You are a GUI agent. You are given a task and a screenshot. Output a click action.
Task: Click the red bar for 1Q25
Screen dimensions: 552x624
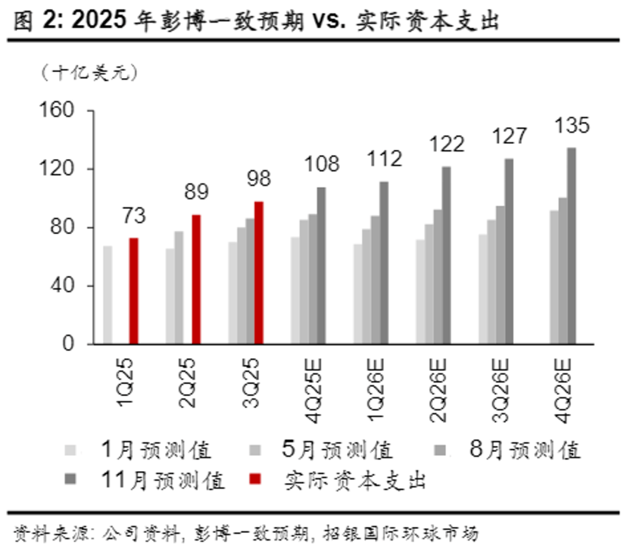point(133,291)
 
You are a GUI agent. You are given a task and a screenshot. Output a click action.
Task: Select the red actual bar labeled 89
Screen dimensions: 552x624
point(196,279)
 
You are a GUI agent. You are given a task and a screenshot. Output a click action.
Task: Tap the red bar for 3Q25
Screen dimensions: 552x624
point(259,272)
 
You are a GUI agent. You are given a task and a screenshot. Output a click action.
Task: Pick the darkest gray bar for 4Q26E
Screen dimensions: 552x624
point(571,246)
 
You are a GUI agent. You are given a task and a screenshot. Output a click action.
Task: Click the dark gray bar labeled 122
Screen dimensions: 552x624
point(446,255)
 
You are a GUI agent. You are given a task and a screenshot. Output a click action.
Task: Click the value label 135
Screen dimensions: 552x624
point(571,125)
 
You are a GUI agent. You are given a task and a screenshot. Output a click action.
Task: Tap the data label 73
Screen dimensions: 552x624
point(133,216)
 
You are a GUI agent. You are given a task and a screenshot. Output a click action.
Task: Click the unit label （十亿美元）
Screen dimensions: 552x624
point(90,73)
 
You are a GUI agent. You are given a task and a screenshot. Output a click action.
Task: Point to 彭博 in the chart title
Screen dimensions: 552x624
point(174,21)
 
